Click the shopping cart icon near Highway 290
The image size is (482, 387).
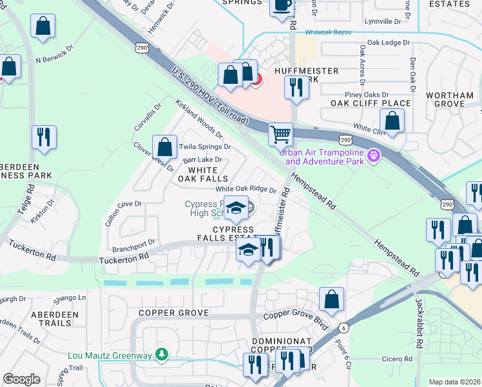pyautogui.click(x=280, y=135)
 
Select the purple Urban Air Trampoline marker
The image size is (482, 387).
pyautogui.click(x=373, y=155)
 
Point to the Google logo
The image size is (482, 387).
pyautogui.click(x=21, y=379)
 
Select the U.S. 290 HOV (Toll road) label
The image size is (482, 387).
pyautogui.click(x=209, y=95)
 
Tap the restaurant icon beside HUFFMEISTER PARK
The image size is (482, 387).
pyautogui.click(x=296, y=86)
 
